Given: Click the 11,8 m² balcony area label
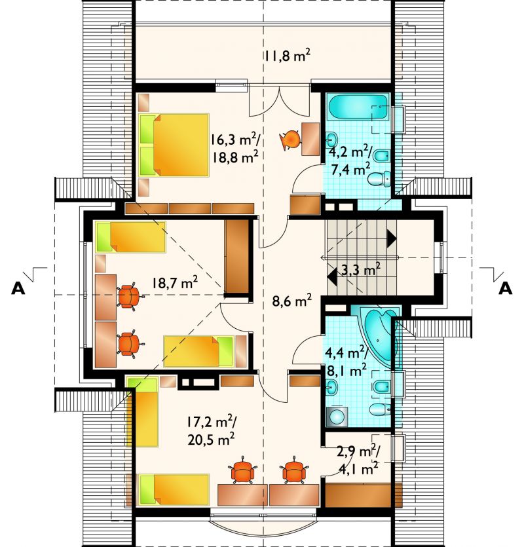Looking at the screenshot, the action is pyautogui.click(x=287, y=56).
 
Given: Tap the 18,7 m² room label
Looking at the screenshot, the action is pyautogui.click(x=175, y=282).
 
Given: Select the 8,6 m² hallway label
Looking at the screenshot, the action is pyautogui.click(x=291, y=301).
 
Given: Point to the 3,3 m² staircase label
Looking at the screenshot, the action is pyautogui.click(x=360, y=270).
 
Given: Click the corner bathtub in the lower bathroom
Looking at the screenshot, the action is pyautogui.click(x=380, y=336).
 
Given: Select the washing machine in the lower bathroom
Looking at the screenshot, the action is pyautogui.click(x=337, y=417).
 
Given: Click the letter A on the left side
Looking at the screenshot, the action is pyautogui.click(x=18, y=288).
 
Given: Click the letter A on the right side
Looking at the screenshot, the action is pyautogui.click(x=505, y=288).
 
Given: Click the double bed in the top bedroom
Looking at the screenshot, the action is pyautogui.click(x=174, y=145).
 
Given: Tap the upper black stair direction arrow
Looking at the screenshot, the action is pyautogui.click(x=392, y=239).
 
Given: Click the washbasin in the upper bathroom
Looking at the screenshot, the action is pyautogui.click(x=331, y=140).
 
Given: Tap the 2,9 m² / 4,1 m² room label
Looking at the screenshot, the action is pyautogui.click(x=358, y=460).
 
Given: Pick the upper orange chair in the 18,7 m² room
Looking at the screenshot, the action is pyautogui.click(x=130, y=297).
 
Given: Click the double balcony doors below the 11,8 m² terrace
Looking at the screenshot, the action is pyautogui.click(x=279, y=101).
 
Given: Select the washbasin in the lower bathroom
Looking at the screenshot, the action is pyautogui.click(x=331, y=387).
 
